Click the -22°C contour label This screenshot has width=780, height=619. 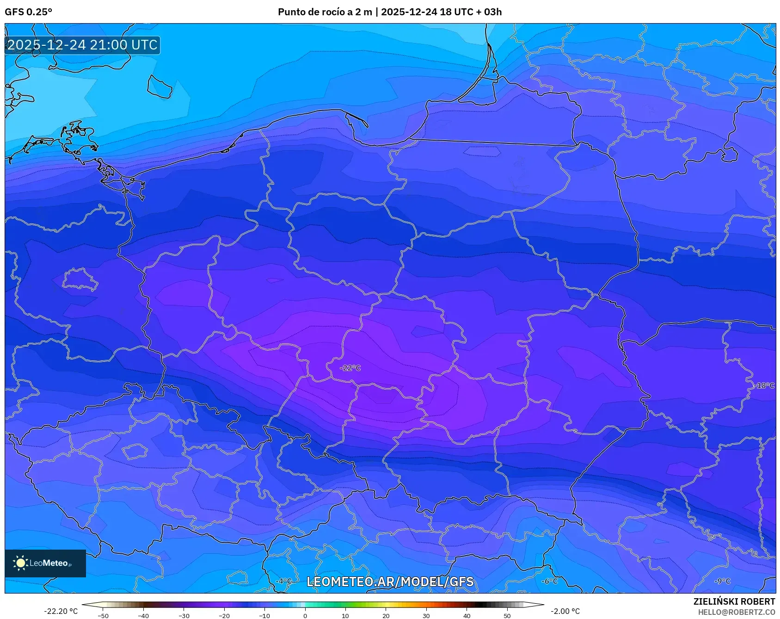(x=350, y=368)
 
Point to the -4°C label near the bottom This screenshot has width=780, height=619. (x=284, y=581)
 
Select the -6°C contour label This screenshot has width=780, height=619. (x=549, y=581)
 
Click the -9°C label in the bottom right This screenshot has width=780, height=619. (x=722, y=581)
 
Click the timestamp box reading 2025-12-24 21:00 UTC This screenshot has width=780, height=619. (x=82, y=45)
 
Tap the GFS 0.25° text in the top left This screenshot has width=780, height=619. (x=28, y=12)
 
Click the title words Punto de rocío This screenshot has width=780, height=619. (x=308, y=12)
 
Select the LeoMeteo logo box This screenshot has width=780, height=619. (x=45, y=563)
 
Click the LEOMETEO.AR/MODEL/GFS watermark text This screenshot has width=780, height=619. (x=390, y=582)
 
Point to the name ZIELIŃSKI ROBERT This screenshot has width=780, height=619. (x=734, y=601)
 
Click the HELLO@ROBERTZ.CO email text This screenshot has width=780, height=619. (x=736, y=612)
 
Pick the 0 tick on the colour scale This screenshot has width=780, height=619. (x=305, y=616)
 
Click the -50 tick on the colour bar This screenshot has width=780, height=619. (x=103, y=616)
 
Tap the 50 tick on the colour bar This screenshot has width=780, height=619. (x=507, y=616)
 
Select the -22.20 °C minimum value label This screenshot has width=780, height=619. (x=61, y=611)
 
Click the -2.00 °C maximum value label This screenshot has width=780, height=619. (x=565, y=611)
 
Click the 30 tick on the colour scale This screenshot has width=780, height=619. (x=426, y=616)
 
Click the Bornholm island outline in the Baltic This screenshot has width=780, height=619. (x=160, y=87)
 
